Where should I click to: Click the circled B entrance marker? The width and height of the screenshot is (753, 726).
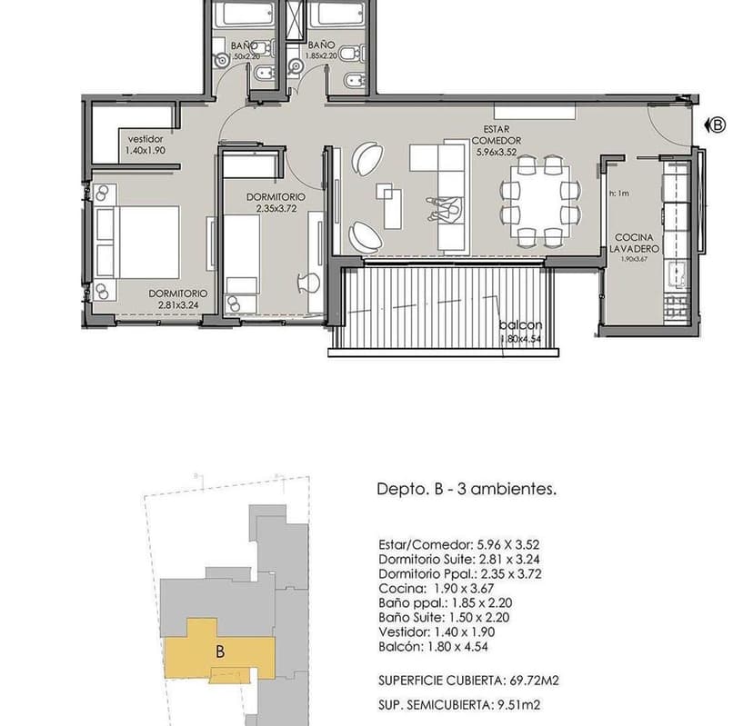point(718,126)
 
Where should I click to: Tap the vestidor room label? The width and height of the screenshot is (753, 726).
point(146,139)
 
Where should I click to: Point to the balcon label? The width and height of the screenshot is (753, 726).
point(520,325)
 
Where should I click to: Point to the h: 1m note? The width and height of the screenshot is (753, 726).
point(618,194)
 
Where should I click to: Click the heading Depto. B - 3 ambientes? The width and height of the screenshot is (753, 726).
point(466,489)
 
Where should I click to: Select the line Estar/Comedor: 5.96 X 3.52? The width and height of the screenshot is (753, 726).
point(452,545)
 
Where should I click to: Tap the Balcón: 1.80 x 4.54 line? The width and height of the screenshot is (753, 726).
point(438,647)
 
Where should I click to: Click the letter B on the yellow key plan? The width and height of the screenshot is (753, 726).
point(220,651)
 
